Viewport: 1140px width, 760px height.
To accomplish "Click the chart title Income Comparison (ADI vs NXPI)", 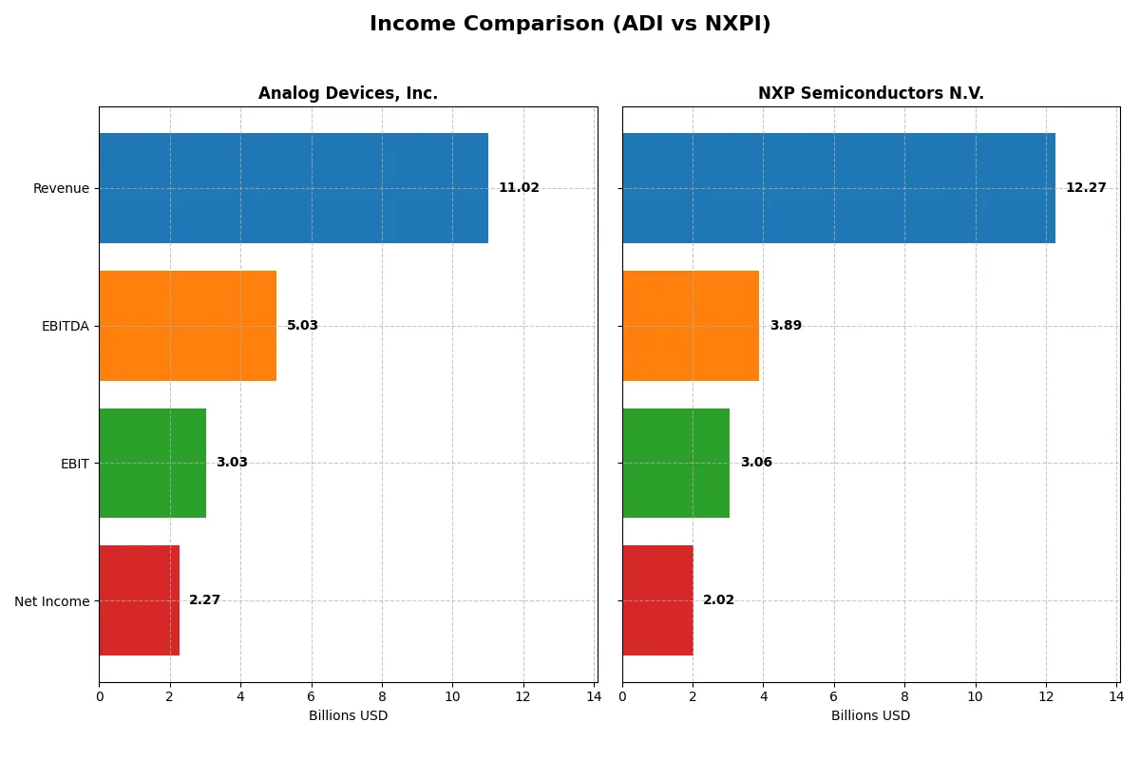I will click(x=570, y=25).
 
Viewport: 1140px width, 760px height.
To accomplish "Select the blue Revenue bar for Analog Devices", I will click(x=294, y=188).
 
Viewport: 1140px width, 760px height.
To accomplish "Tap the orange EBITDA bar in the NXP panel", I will click(x=691, y=326).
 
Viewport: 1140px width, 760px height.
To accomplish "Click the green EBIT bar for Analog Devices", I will click(x=153, y=463).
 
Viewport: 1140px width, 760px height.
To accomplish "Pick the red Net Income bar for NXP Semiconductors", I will click(x=657, y=600).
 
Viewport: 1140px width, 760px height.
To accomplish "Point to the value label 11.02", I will click(x=519, y=188).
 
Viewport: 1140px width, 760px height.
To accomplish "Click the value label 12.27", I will click(x=1086, y=188).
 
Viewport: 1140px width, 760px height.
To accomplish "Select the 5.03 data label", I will click(x=302, y=326).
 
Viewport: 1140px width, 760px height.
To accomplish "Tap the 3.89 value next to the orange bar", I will click(x=786, y=326).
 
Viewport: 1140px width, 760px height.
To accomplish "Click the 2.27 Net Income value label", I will click(x=204, y=600).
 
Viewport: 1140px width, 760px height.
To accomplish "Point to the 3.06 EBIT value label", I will click(x=756, y=463).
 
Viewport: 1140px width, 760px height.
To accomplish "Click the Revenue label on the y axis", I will click(x=61, y=188).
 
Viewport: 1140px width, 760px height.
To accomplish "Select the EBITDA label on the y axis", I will click(x=65, y=326).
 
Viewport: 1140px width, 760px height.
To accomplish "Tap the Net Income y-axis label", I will click(x=52, y=600).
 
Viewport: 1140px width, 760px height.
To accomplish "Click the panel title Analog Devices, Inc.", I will click(x=348, y=94).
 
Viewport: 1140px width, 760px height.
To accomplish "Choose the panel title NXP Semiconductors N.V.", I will click(x=871, y=94).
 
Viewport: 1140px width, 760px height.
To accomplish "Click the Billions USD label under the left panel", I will click(x=348, y=715).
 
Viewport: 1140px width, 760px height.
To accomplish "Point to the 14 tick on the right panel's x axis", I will click(x=1116, y=696).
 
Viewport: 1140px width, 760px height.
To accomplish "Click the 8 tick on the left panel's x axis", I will click(x=382, y=696).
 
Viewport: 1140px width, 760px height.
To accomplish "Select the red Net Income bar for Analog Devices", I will click(x=140, y=600).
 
